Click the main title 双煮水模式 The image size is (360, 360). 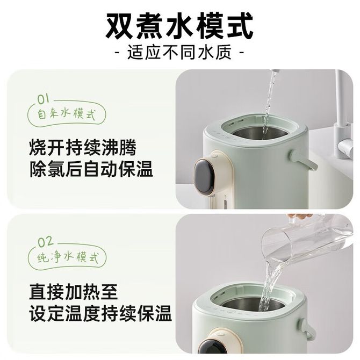(x=179, y=26)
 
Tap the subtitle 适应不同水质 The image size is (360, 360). (x=179, y=53)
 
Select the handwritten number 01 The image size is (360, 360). (x=44, y=99)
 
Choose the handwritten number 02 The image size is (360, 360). (x=46, y=242)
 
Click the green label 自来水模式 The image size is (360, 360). (x=66, y=114)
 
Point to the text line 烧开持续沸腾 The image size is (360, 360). (x=83, y=147)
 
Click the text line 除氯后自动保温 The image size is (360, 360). (x=91, y=169)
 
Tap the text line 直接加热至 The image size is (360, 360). (x=74, y=292)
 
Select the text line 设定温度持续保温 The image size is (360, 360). (x=100, y=313)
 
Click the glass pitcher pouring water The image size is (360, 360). (x=305, y=243)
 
